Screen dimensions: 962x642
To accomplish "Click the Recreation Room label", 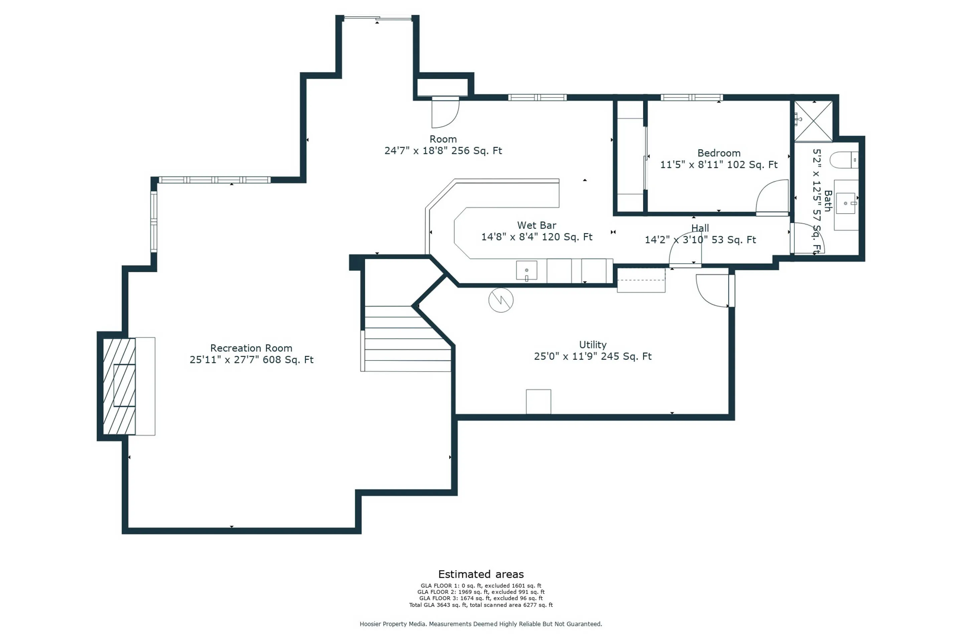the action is [x=251, y=348].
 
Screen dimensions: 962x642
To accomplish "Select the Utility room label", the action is [x=593, y=345].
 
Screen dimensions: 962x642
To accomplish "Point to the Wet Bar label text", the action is [x=537, y=225].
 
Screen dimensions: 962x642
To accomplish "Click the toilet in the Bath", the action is [x=844, y=160].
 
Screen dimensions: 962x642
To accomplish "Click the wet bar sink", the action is [x=526, y=270].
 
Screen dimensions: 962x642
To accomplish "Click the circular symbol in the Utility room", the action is [x=501, y=300].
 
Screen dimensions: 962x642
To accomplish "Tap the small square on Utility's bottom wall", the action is [x=538, y=402].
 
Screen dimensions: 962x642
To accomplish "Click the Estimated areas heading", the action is [x=481, y=574].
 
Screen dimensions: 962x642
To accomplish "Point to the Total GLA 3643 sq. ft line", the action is [x=481, y=605].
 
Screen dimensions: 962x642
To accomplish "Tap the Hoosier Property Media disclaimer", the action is [x=481, y=624].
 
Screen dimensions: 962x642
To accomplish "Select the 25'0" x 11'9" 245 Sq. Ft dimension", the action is [x=593, y=356].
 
